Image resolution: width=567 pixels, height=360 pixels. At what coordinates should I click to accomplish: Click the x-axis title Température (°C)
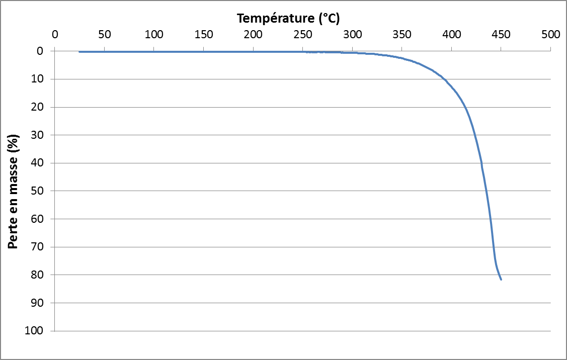click(x=288, y=19)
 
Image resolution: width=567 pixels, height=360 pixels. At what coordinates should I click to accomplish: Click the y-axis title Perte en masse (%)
click(x=14, y=191)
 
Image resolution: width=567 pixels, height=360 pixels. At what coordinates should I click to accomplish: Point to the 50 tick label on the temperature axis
click(x=104, y=35)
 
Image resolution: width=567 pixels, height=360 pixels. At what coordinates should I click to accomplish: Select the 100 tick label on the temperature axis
click(x=153, y=35)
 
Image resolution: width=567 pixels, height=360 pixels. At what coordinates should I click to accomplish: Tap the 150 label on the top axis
click(x=203, y=35)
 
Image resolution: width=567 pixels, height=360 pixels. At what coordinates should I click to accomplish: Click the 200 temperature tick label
click(x=253, y=35)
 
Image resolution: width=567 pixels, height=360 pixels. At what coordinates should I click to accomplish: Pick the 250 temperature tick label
click(x=302, y=35)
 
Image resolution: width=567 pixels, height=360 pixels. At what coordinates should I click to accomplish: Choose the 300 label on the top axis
click(x=352, y=35)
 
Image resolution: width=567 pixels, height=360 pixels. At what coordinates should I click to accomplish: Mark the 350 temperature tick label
click(x=401, y=35)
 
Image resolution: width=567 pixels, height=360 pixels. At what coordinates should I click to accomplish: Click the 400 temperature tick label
click(x=451, y=35)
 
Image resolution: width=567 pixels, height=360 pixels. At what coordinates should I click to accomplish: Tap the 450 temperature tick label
click(x=501, y=35)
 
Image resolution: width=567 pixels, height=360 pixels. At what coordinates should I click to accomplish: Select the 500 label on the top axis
click(x=550, y=35)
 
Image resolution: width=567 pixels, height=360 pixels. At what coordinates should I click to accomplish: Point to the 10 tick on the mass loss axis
click(x=41, y=79)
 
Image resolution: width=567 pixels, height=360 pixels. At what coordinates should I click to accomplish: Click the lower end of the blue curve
click(x=501, y=279)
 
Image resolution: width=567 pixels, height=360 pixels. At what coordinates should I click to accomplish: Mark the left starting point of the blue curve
click(x=79, y=52)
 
